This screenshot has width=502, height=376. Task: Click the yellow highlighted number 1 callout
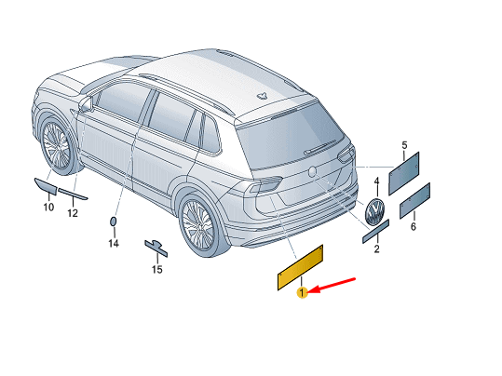point(302,292)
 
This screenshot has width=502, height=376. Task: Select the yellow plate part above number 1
point(300,267)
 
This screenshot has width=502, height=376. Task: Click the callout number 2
point(377,248)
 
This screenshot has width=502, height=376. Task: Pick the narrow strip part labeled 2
point(375,232)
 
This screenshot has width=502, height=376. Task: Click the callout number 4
point(377,181)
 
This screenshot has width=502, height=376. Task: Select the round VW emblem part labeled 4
point(374,211)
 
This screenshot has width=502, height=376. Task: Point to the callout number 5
point(404,145)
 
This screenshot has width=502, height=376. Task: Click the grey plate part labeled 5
point(403,173)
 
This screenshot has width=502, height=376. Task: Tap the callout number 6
point(414,226)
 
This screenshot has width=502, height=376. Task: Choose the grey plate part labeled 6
point(415,201)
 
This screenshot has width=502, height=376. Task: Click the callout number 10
point(48,207)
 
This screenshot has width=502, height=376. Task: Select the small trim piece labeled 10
point(46,186)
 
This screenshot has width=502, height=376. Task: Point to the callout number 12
point(73,213)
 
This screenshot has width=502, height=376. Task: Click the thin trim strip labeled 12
point(73,194)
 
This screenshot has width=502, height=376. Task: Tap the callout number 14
point(114,244)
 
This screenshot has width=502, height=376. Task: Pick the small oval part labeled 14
point(113,222)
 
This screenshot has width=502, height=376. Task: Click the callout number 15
point(156,270)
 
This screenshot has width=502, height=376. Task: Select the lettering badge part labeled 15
point(156,248)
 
